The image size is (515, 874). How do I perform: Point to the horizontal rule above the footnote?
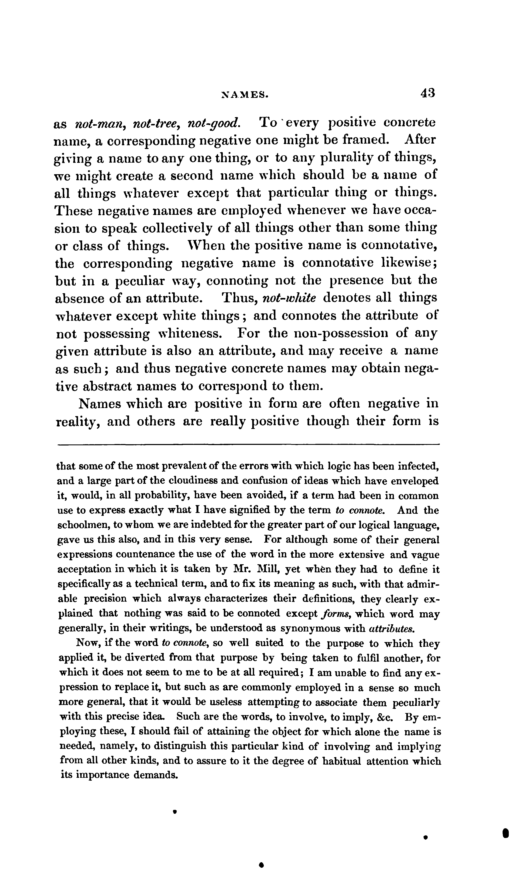click(x=248, y=444)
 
